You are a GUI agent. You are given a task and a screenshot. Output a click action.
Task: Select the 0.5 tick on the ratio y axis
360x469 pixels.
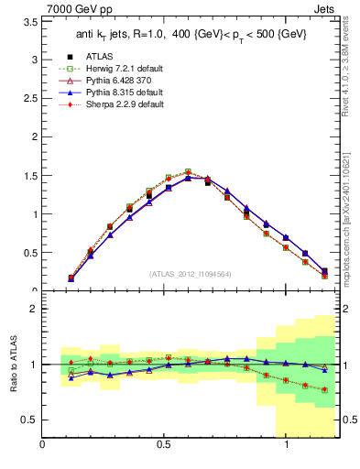(29, 420)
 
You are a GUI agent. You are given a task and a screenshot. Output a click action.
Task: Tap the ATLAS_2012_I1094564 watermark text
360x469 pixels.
(191, 274)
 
